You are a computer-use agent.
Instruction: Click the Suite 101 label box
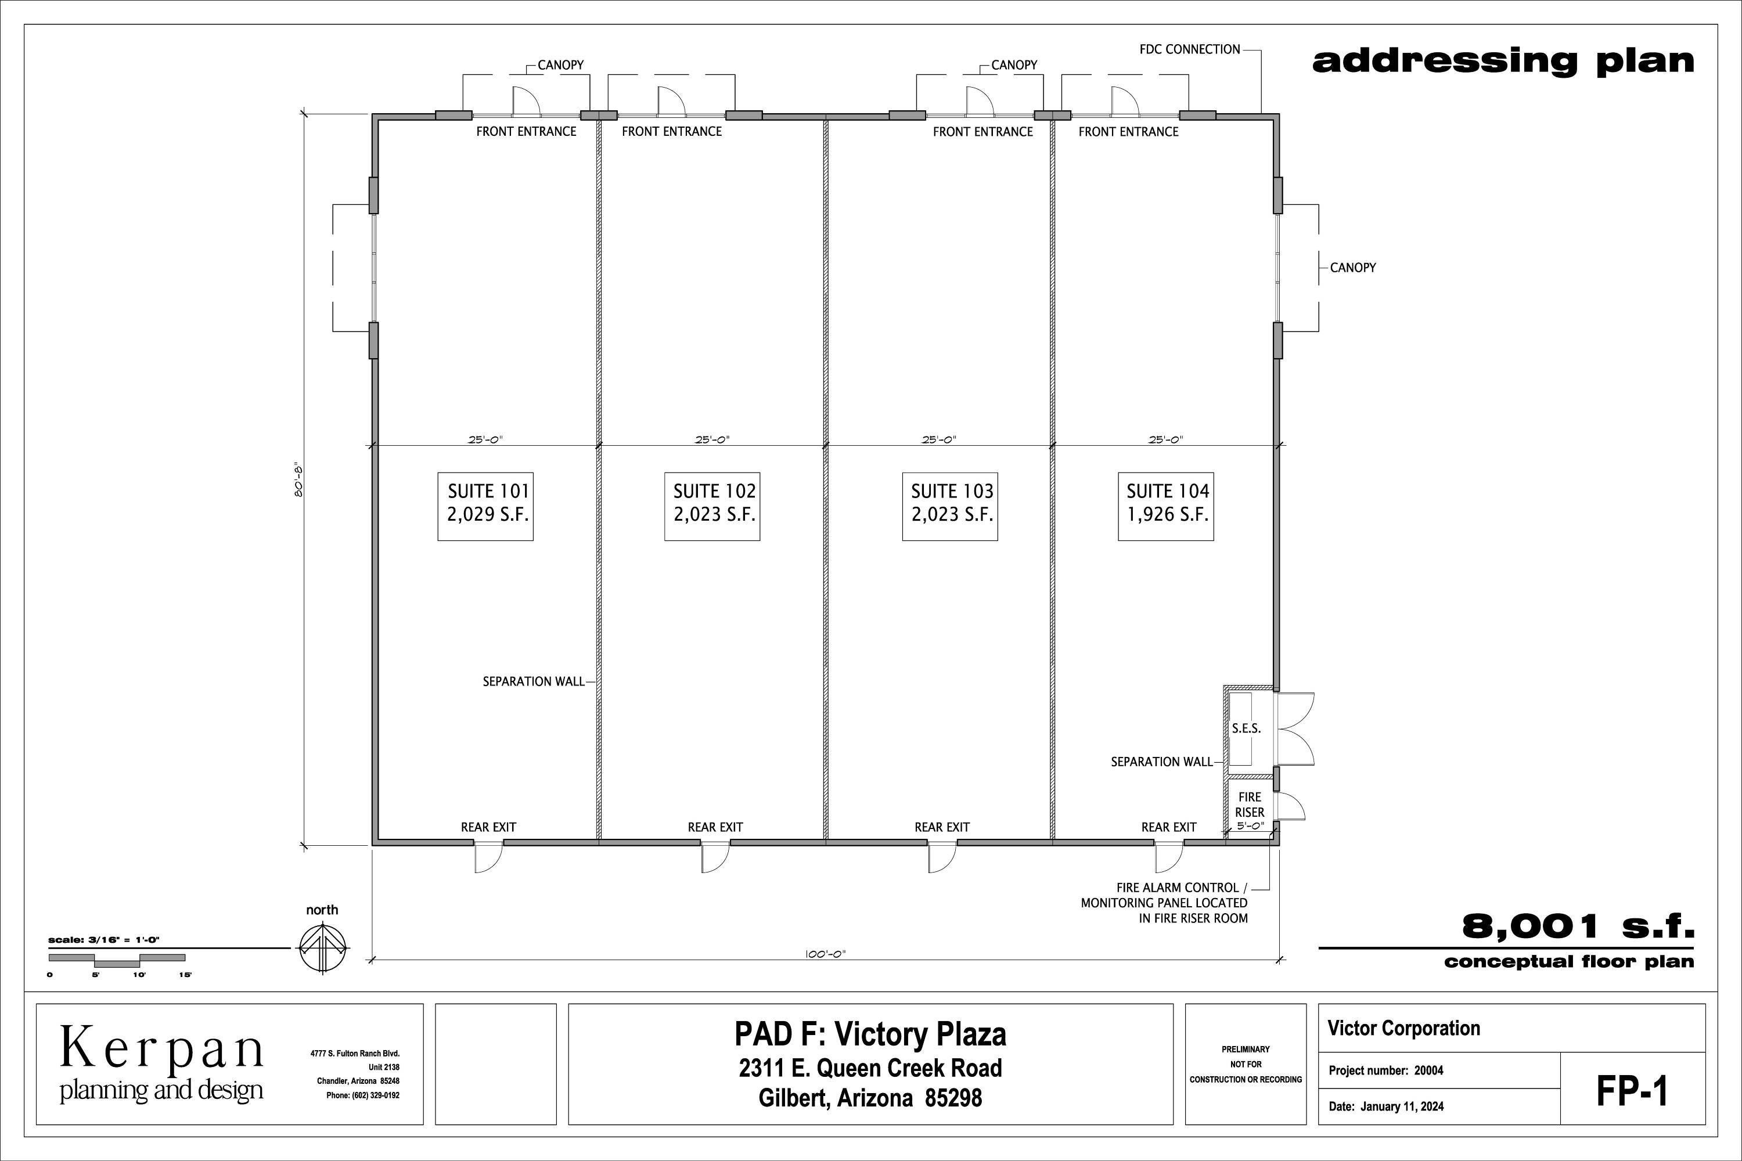[485, 506]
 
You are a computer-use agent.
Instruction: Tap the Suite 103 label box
[949, 506]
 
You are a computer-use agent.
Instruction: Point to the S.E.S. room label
[1246, 729]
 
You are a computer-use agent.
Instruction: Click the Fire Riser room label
[1250, 804]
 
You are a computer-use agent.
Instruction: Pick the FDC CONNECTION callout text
[1189, 49]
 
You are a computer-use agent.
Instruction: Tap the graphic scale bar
[117, 960]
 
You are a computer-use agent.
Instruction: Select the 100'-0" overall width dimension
[825, 954]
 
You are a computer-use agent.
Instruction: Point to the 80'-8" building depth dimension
[299, 481]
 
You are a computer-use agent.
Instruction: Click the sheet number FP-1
[1632, 1091]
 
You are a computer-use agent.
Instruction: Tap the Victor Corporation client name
[1403, 1029]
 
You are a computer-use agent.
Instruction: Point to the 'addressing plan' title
[1503, 62]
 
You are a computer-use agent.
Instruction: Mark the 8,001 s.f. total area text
[1578, 926]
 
